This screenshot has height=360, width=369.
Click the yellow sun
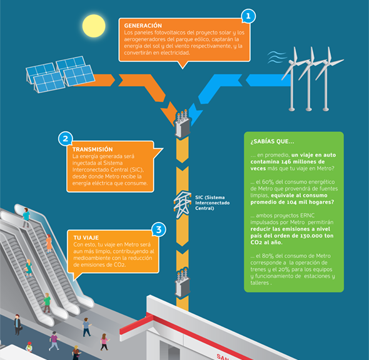click(94, 26)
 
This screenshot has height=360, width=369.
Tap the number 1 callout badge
click(248, 16)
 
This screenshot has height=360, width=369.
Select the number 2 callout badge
click(66, 139)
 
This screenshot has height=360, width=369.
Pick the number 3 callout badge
click(159, 229)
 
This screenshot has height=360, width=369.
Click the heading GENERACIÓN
click(143, 26)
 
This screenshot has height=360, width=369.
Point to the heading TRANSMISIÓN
click(93, 149)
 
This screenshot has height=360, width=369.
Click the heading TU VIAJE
click(86, 237)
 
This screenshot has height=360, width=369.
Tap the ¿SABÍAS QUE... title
click(272, 141)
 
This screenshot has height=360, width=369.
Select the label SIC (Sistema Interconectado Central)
click(212, 202)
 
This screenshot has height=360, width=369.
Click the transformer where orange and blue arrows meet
click(182, 124)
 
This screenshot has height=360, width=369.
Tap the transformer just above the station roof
click(182, 283)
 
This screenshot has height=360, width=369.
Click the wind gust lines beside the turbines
click(277, 57)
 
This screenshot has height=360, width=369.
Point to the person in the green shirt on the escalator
click(47, 303)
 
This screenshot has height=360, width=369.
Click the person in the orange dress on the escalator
click(49, 243)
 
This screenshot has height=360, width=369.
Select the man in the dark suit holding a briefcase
click(18, 325)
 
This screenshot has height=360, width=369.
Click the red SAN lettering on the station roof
click(223, 356)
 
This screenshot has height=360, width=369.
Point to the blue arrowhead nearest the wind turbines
click(268, 80)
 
